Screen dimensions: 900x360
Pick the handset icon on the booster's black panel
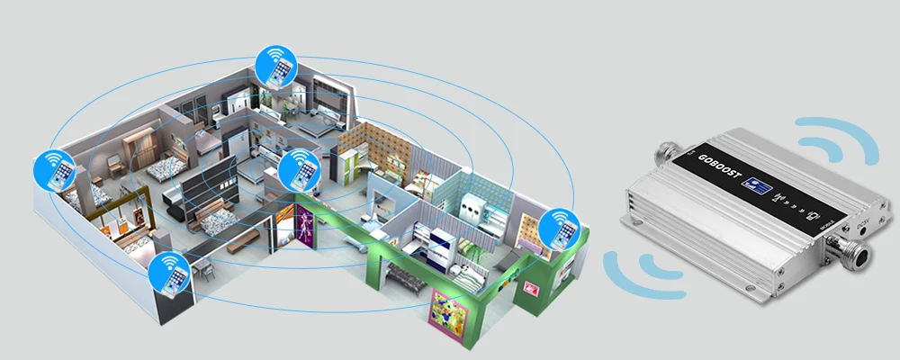814,215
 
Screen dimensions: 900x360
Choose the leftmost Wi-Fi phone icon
53,170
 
